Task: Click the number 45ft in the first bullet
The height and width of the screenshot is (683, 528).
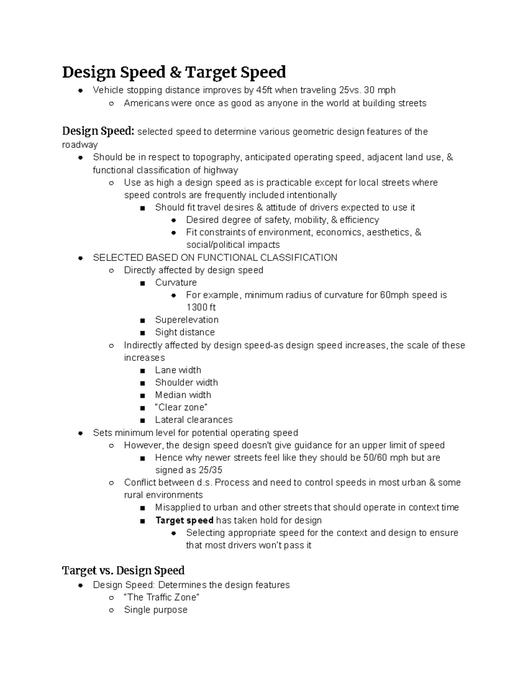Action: [x=264, y=90]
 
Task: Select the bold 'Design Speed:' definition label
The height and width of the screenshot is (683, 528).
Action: [x=98, y=131]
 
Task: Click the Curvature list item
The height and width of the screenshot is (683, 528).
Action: [x=176, y=282]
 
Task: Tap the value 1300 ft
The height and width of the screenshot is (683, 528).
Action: [x=201, y=307]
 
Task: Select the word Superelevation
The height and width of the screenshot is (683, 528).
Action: [x=187, y=320]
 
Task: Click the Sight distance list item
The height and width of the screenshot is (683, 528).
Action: [x=185, y=332]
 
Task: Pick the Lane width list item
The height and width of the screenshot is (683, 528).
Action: [x=178, y=370]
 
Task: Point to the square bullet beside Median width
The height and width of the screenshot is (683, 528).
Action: [x=142, y=395]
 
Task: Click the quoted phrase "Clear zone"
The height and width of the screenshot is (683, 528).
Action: [x=181, y=407]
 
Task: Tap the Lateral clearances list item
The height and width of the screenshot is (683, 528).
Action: [x=194, y=420]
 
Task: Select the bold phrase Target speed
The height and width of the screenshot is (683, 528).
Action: [x=184, y=520]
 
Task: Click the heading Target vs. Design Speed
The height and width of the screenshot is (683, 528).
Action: [x=123, y=570]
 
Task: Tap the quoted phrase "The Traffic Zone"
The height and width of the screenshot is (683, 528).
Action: [x=162, y=597]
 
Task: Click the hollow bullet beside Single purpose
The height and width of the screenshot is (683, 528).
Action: [x=111, y=610]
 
